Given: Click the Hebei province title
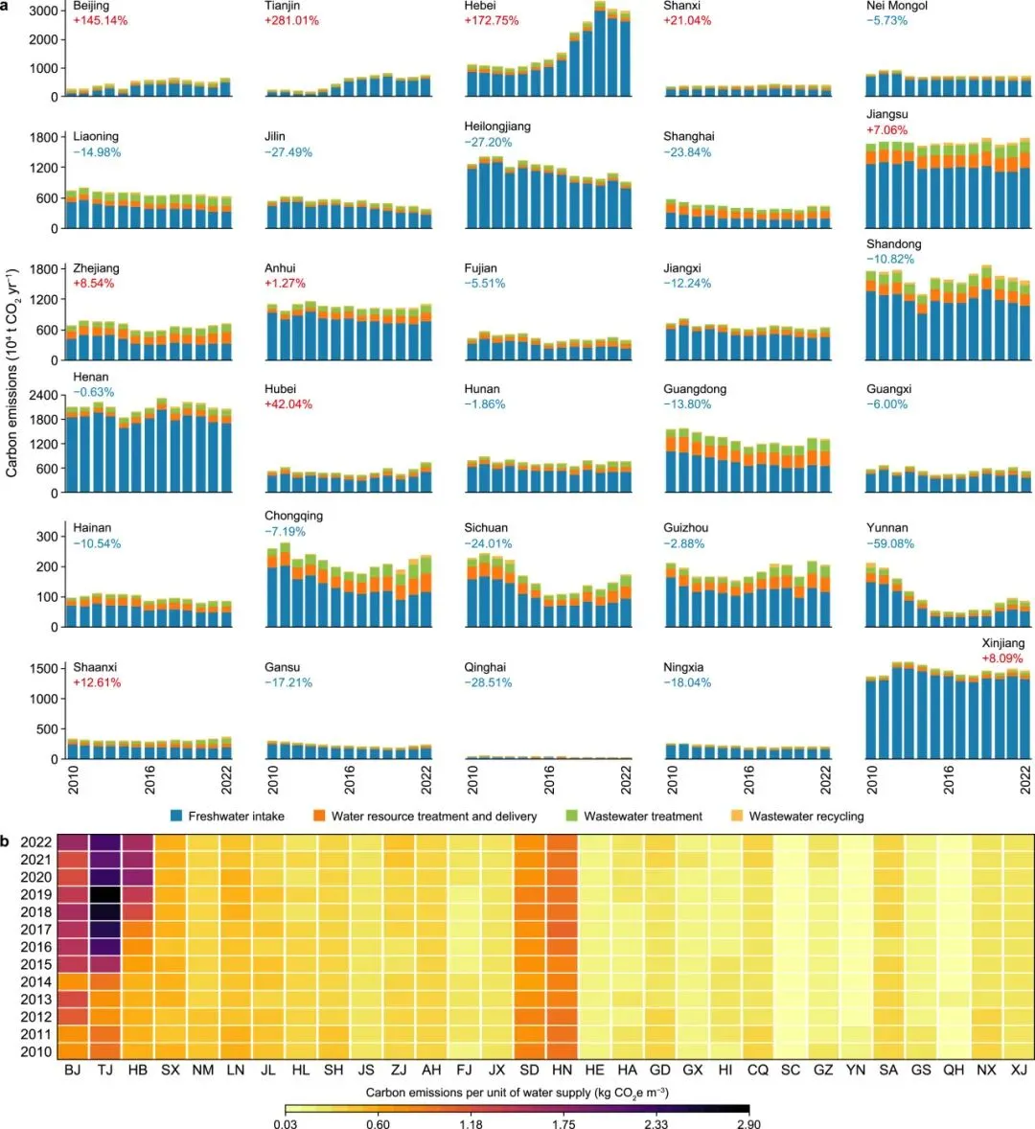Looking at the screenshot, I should click(x=480, y=6).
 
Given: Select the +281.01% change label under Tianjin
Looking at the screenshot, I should click(x=291, y=20).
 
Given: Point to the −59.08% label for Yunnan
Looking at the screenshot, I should click(x=890, y=543).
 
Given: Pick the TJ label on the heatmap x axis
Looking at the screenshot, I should click(x=105, y=1070).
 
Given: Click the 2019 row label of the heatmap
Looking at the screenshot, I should click(x=35, y=894).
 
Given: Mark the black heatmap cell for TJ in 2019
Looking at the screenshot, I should click(x=105, y=894).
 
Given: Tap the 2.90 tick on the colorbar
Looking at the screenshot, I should click(x=748, y=1123).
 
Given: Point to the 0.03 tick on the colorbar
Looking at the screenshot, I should click(x=285, y=1123).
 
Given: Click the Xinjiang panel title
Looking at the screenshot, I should click(x=1002, y=643).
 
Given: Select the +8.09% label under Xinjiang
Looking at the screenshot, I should click(x=1002, y=658).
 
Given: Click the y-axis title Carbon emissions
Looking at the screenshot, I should click(x=12, y=374).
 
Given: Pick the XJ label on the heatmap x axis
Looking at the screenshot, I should click(x=1019, y=1070).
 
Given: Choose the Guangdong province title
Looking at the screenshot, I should click(x=695, y=389).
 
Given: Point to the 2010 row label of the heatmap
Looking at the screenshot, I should click(x=35, y=1051).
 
